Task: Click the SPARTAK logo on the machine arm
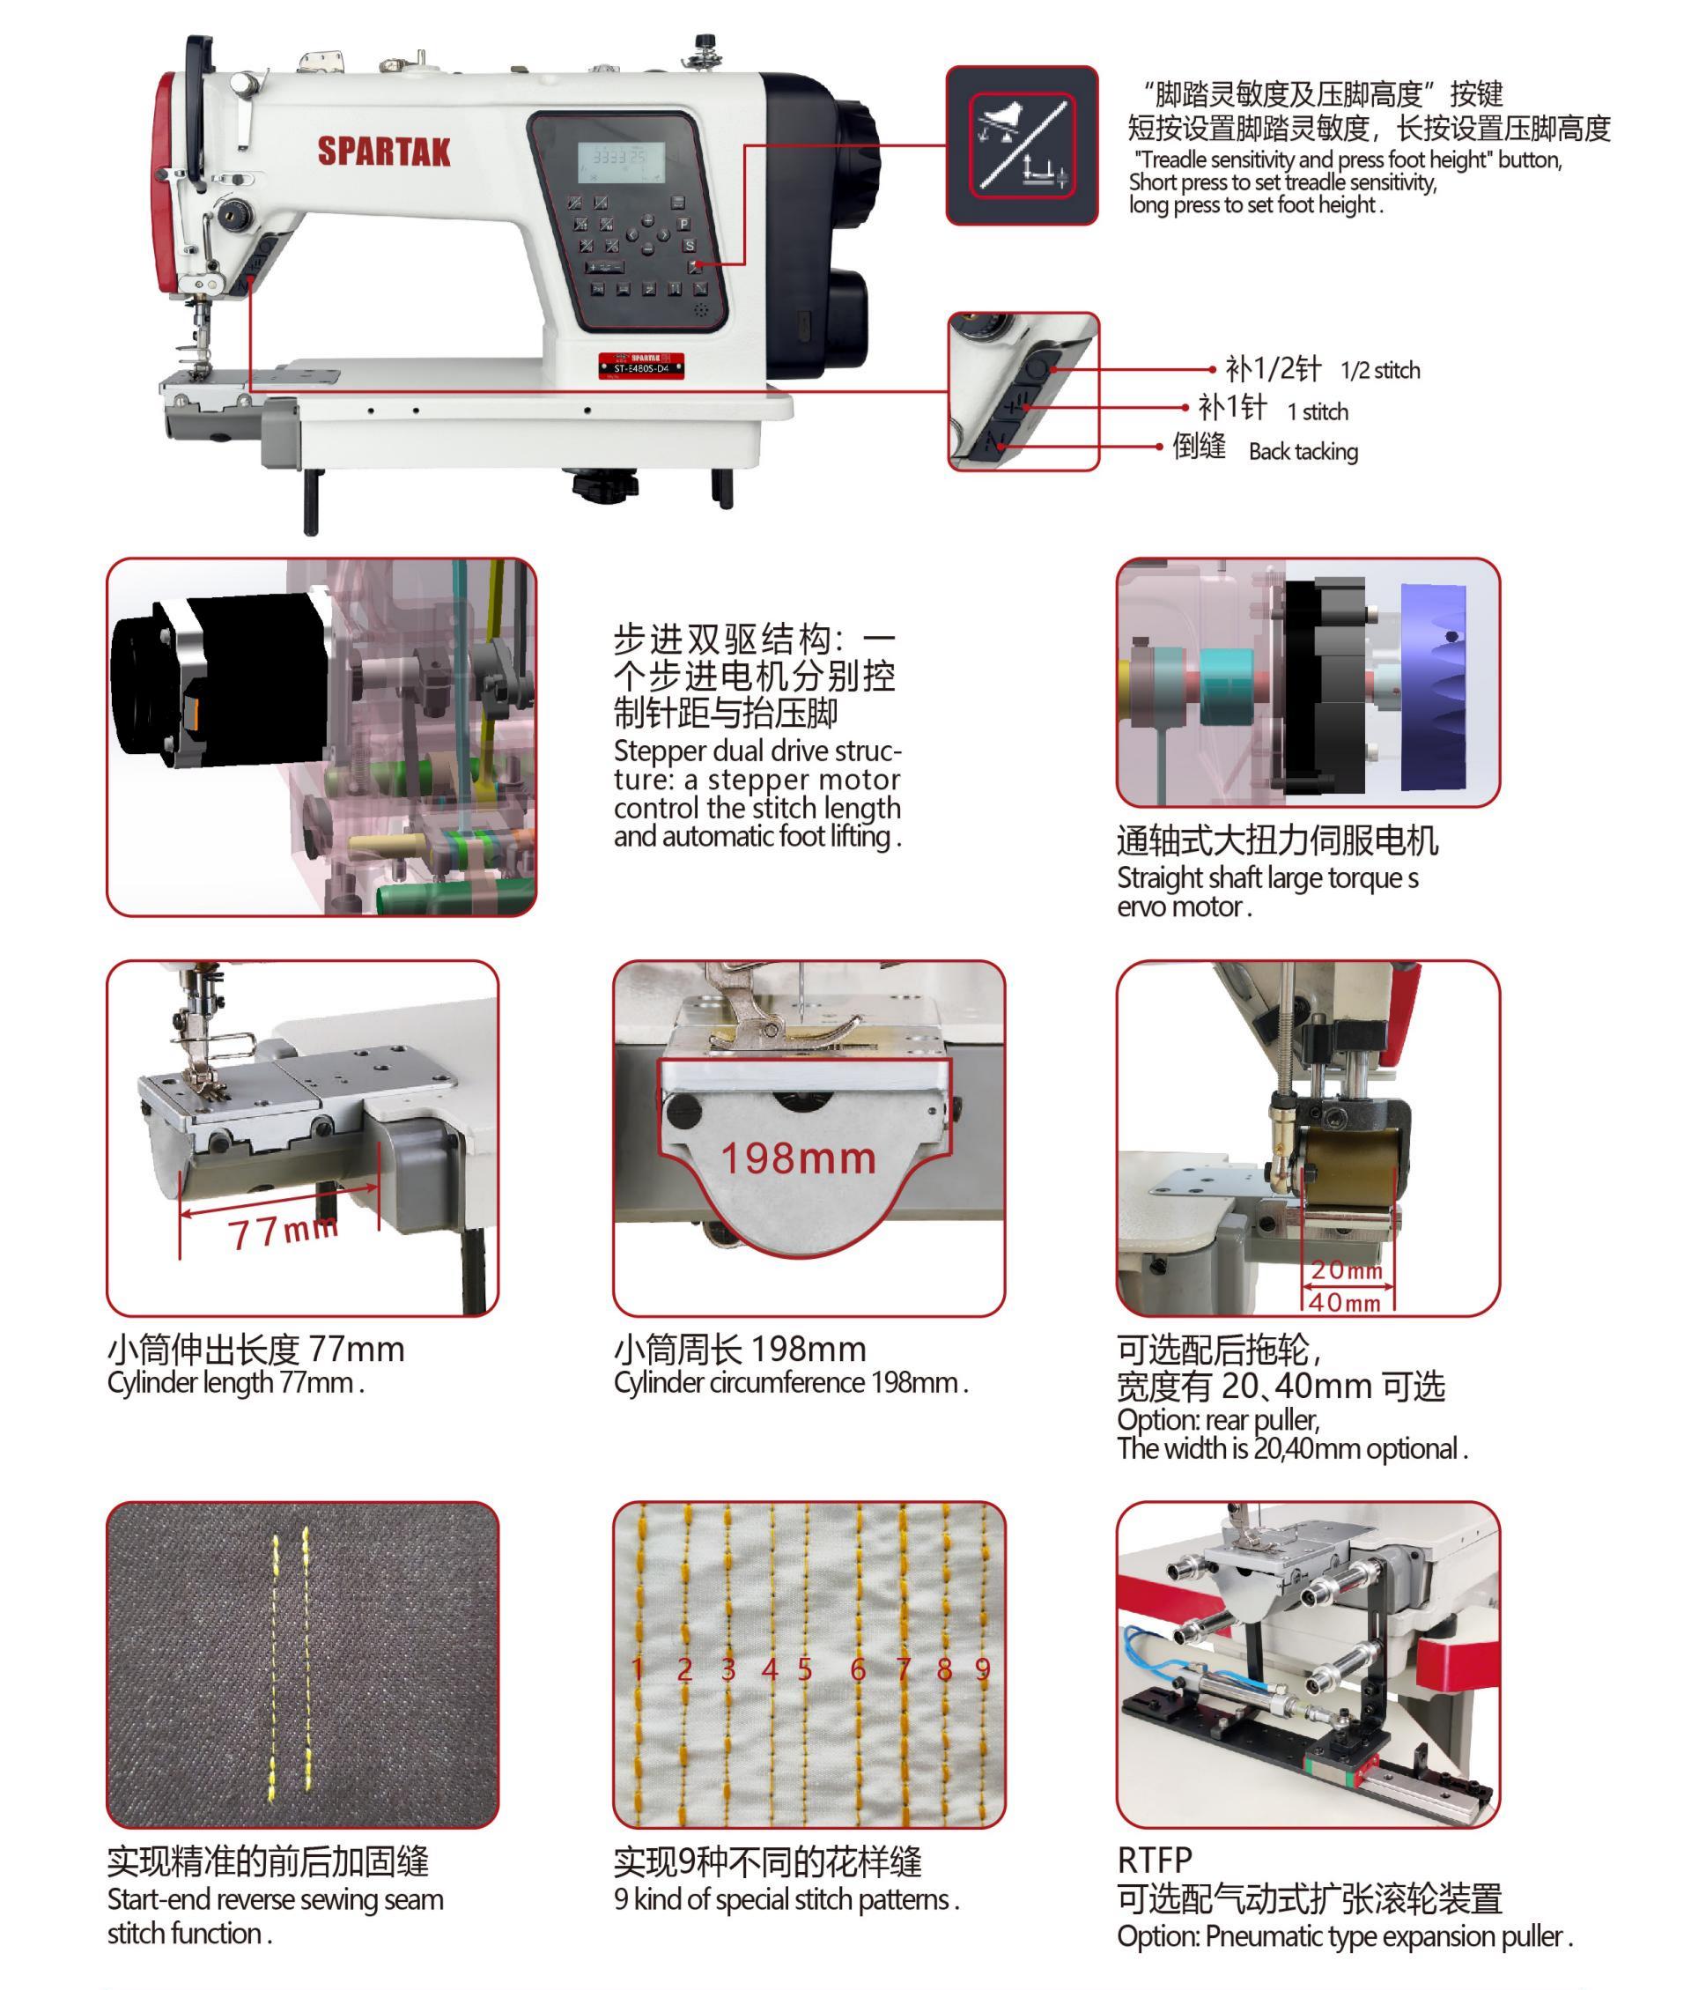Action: pos(383,152)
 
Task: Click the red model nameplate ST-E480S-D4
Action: pos(641,366)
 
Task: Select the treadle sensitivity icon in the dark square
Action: pos(1022,145)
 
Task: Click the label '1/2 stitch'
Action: pos(1379,371)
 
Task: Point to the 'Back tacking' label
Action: pos(1303,452)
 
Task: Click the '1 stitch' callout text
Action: pos(1318,412)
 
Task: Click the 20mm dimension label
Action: pos(1347,1270)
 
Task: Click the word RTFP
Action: pos(1154,1860)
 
